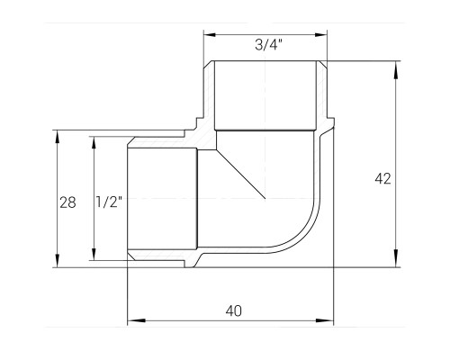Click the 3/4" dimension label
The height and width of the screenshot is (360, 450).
(x=268, y=45)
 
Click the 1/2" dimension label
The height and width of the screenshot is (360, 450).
(x=109, y=202)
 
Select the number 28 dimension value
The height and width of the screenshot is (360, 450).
(x=67, y=202)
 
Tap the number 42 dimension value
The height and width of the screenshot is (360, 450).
(x=382, y=179)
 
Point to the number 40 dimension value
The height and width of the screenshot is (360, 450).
(x=234, y=310)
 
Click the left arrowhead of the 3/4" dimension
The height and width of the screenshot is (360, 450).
(x=210, y=35)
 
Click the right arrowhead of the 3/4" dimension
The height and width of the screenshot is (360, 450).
(x=321, y=35)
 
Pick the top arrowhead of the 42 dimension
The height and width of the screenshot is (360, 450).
(x=396, y=71)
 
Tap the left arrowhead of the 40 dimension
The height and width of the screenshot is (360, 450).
(x=137, y=320)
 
